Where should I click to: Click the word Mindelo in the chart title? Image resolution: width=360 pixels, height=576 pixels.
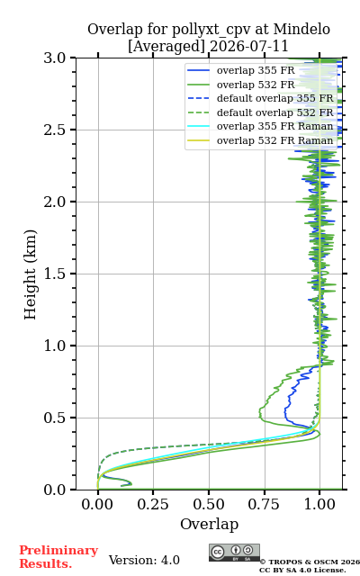301,29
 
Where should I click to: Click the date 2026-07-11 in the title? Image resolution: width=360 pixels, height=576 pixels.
248,47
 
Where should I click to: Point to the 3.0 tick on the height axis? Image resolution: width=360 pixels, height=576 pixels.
55,58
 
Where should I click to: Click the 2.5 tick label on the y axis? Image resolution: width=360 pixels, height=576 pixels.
55,130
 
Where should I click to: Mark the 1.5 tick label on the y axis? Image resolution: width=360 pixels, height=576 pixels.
55,274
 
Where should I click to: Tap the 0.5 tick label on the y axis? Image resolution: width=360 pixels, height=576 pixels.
55,418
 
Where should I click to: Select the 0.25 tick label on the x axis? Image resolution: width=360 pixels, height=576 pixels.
153,504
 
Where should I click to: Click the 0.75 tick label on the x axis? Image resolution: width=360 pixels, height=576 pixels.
264,504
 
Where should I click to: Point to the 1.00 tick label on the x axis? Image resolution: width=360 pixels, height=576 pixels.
319,504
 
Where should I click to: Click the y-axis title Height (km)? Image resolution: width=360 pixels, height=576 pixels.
30,274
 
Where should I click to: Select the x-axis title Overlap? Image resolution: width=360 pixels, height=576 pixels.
209,524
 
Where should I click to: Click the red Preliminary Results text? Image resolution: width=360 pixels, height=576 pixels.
58,557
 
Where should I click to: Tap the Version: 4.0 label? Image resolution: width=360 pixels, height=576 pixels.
144,560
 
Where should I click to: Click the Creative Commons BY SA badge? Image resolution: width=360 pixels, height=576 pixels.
234,553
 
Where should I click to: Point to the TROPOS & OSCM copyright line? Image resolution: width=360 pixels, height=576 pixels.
310,562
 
